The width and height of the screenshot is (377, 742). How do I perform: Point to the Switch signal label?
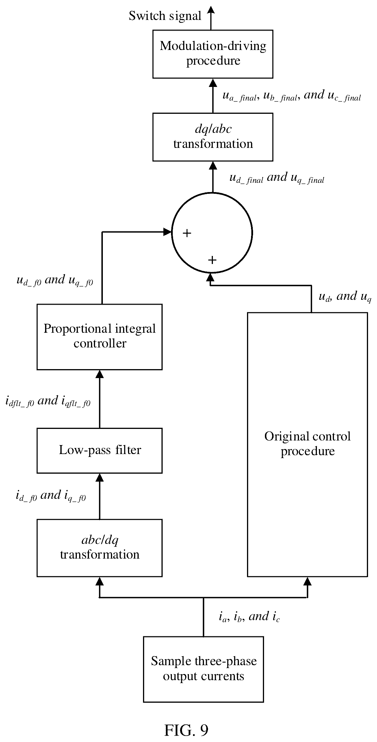165,16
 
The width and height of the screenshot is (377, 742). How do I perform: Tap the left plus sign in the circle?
187,233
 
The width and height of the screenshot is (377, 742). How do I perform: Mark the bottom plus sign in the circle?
212,260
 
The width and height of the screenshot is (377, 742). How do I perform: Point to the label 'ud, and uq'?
345,296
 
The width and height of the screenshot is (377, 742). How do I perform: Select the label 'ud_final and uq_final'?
277,178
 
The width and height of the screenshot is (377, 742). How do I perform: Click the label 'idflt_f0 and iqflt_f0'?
48,401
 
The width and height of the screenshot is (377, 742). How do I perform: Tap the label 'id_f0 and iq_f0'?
51,496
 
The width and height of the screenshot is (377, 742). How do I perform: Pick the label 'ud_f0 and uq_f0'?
55,280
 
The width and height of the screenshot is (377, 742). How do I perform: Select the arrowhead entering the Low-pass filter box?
99,478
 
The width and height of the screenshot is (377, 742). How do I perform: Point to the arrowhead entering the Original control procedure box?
307,581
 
